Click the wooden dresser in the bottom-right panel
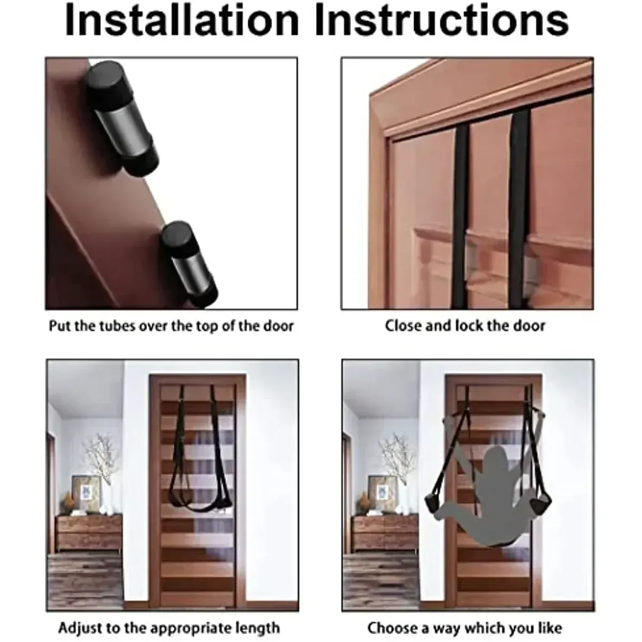384,532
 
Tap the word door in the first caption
279,326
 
